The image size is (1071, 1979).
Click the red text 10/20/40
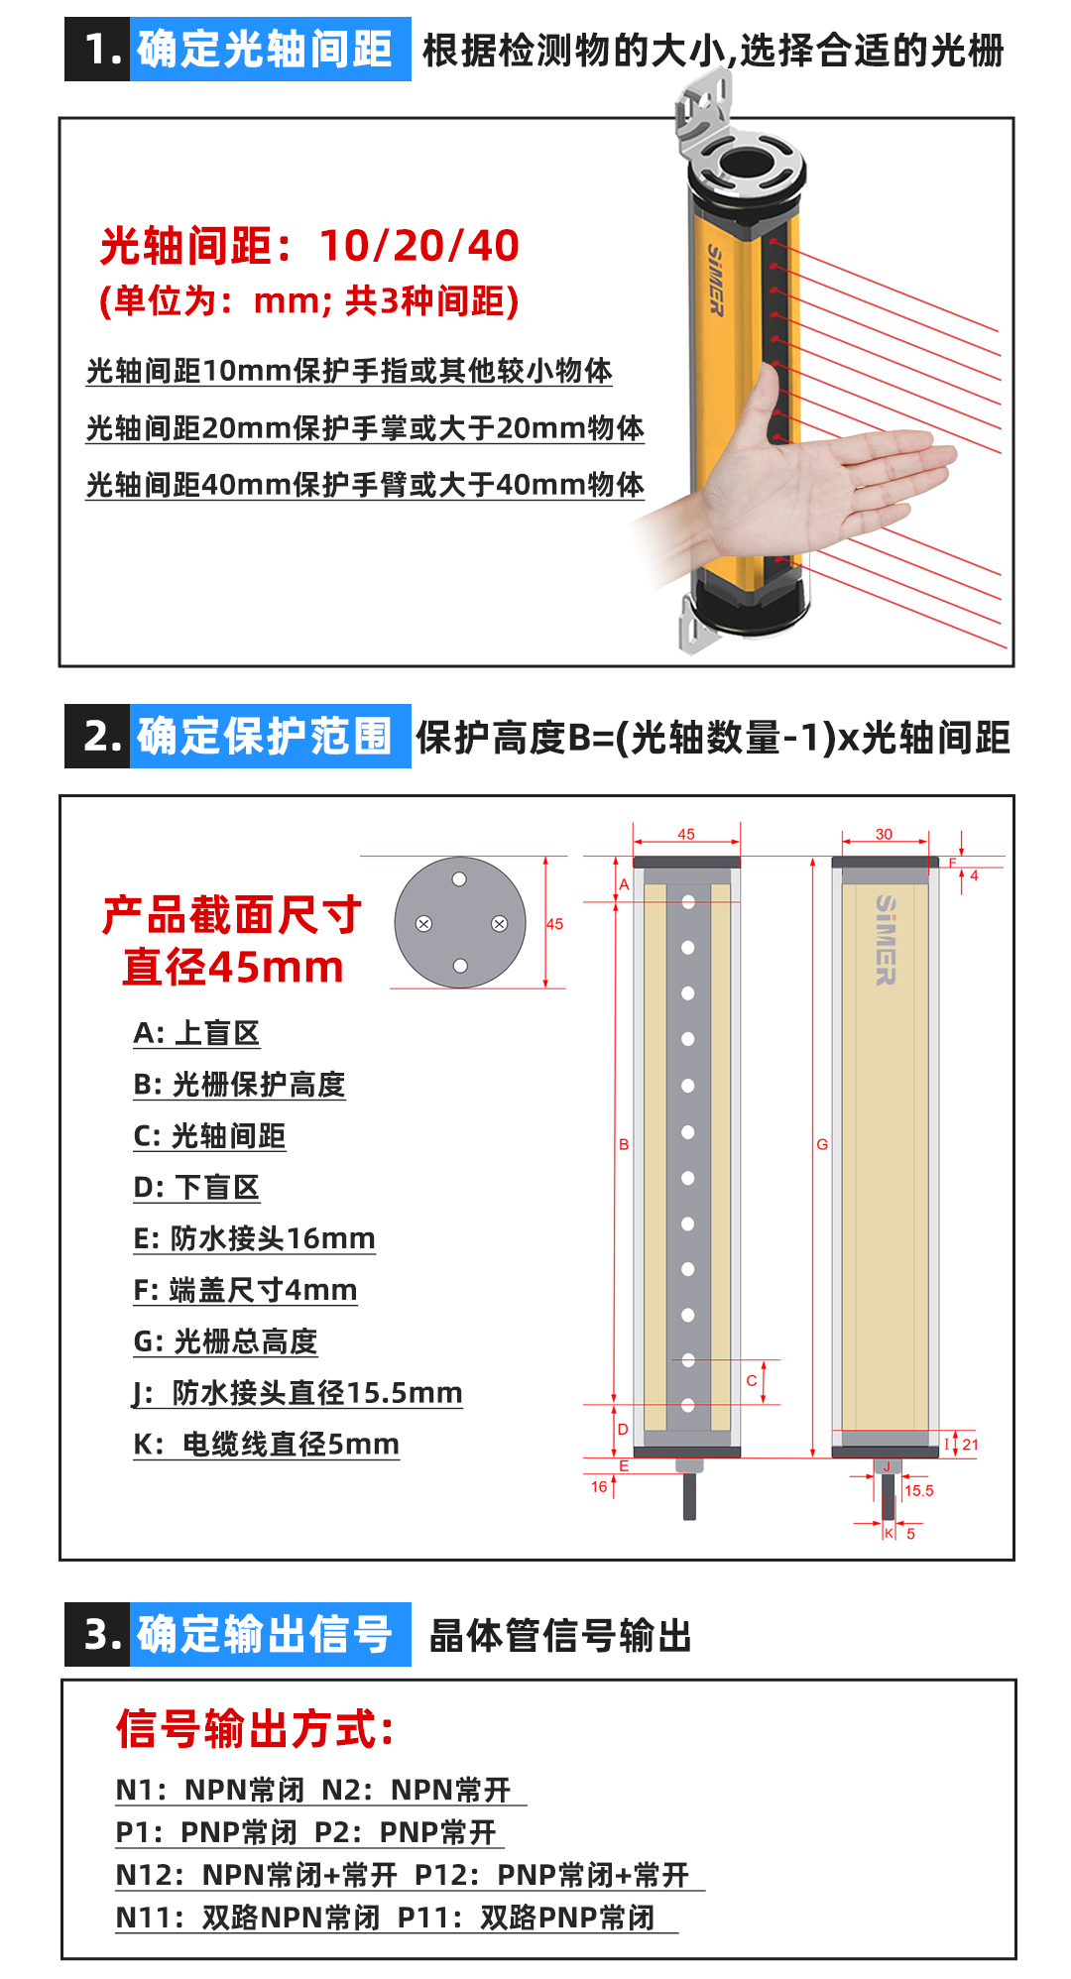point(418,246)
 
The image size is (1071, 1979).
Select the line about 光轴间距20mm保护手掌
point(364,428)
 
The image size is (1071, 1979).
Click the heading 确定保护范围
point(265,737)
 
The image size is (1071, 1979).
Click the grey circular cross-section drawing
point(459,923)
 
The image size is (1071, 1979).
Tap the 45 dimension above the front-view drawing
point(686,834)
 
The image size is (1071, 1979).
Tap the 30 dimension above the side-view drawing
point(884,834)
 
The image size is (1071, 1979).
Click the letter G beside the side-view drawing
point(822,1144)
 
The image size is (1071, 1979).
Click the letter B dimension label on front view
point(624,1144)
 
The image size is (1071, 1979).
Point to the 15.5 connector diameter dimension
point(919,1490)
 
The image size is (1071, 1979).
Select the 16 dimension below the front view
point(599,1486)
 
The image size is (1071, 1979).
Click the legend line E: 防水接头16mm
point(254,1238)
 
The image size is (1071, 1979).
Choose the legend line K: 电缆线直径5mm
point(266,1444)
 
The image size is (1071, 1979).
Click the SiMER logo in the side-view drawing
point(886,940)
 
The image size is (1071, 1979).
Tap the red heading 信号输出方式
point(255,1729)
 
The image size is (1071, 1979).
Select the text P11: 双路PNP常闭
point(526,1918)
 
